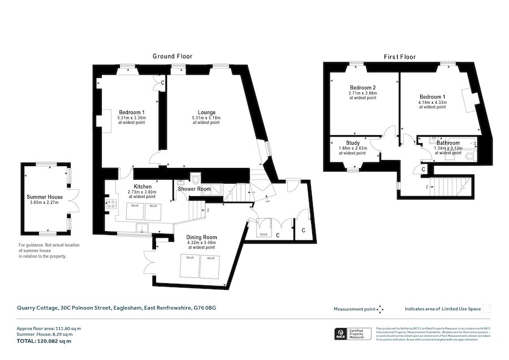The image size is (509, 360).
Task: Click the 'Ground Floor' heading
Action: [x=172, y=57]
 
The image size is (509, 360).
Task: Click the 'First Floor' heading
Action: [x=400, y=57]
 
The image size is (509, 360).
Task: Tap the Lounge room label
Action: [x=206, y=112]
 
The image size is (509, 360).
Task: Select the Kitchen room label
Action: [x=143, y=186]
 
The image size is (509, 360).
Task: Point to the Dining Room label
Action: [x=201, y=237]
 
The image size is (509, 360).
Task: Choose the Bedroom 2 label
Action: [x=363, y=88]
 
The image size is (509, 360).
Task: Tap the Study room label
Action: [x=352, y=144]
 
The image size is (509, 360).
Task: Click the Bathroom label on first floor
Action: [x=448, y=144]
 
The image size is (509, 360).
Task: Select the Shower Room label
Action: [x=194, y=189]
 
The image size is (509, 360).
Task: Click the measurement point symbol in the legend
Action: [x=380, y=309]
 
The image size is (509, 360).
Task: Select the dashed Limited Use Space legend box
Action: [x=486, y=309]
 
